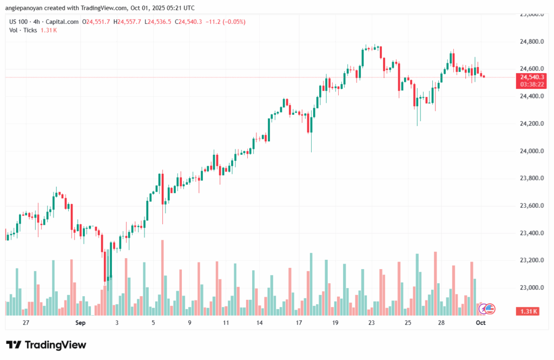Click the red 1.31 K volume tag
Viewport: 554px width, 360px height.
(x=528, y=311)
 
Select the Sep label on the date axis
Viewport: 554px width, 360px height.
(x=80, y=323)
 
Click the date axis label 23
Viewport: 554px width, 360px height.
(x=371, y=323)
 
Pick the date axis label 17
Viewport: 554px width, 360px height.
(x=299, y=323)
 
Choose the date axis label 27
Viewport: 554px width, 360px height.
(x=26, y=323)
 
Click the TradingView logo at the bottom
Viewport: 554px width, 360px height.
(x=46, y=345)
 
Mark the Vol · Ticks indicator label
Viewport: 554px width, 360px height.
(x=23, y=30)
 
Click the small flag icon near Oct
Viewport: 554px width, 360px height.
(x=490, y=309)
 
